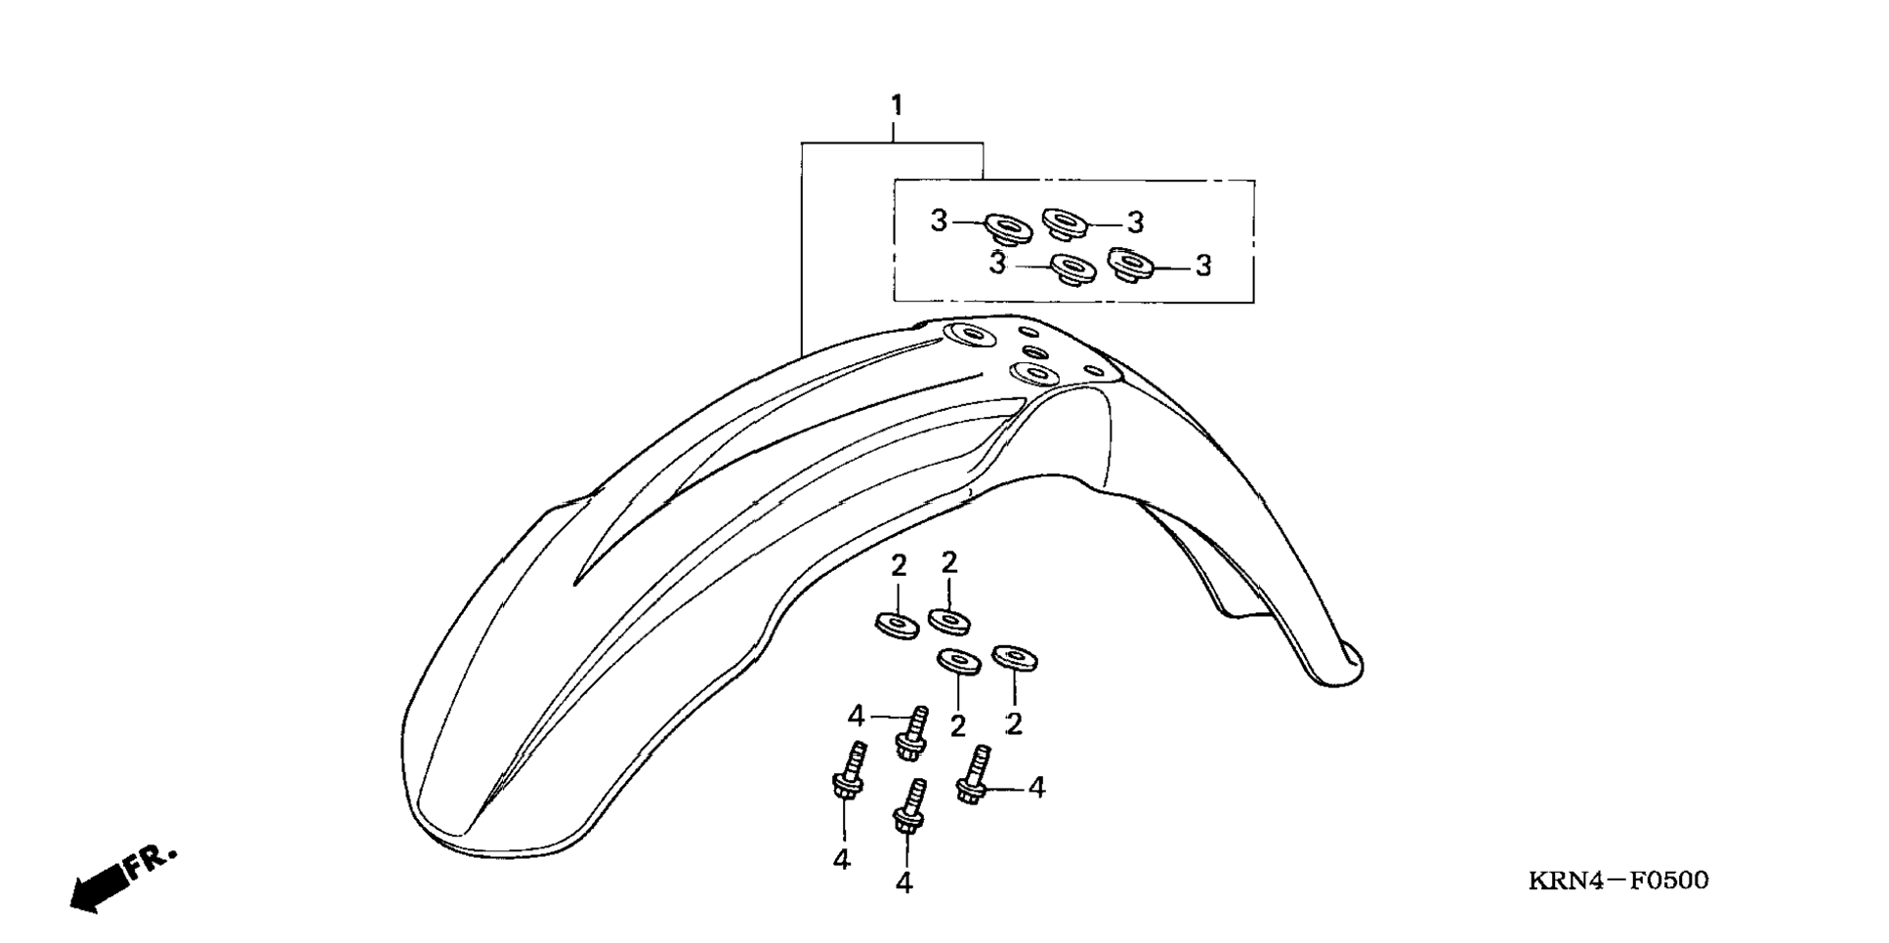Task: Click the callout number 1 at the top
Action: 896,104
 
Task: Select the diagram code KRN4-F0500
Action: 1618,881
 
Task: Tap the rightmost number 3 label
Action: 1203,266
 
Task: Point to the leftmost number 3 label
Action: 939,222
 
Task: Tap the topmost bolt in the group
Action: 912,733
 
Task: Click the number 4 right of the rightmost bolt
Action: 1036,787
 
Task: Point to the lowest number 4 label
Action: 903,882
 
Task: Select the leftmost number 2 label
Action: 899,565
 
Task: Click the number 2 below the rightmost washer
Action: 1014,724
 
